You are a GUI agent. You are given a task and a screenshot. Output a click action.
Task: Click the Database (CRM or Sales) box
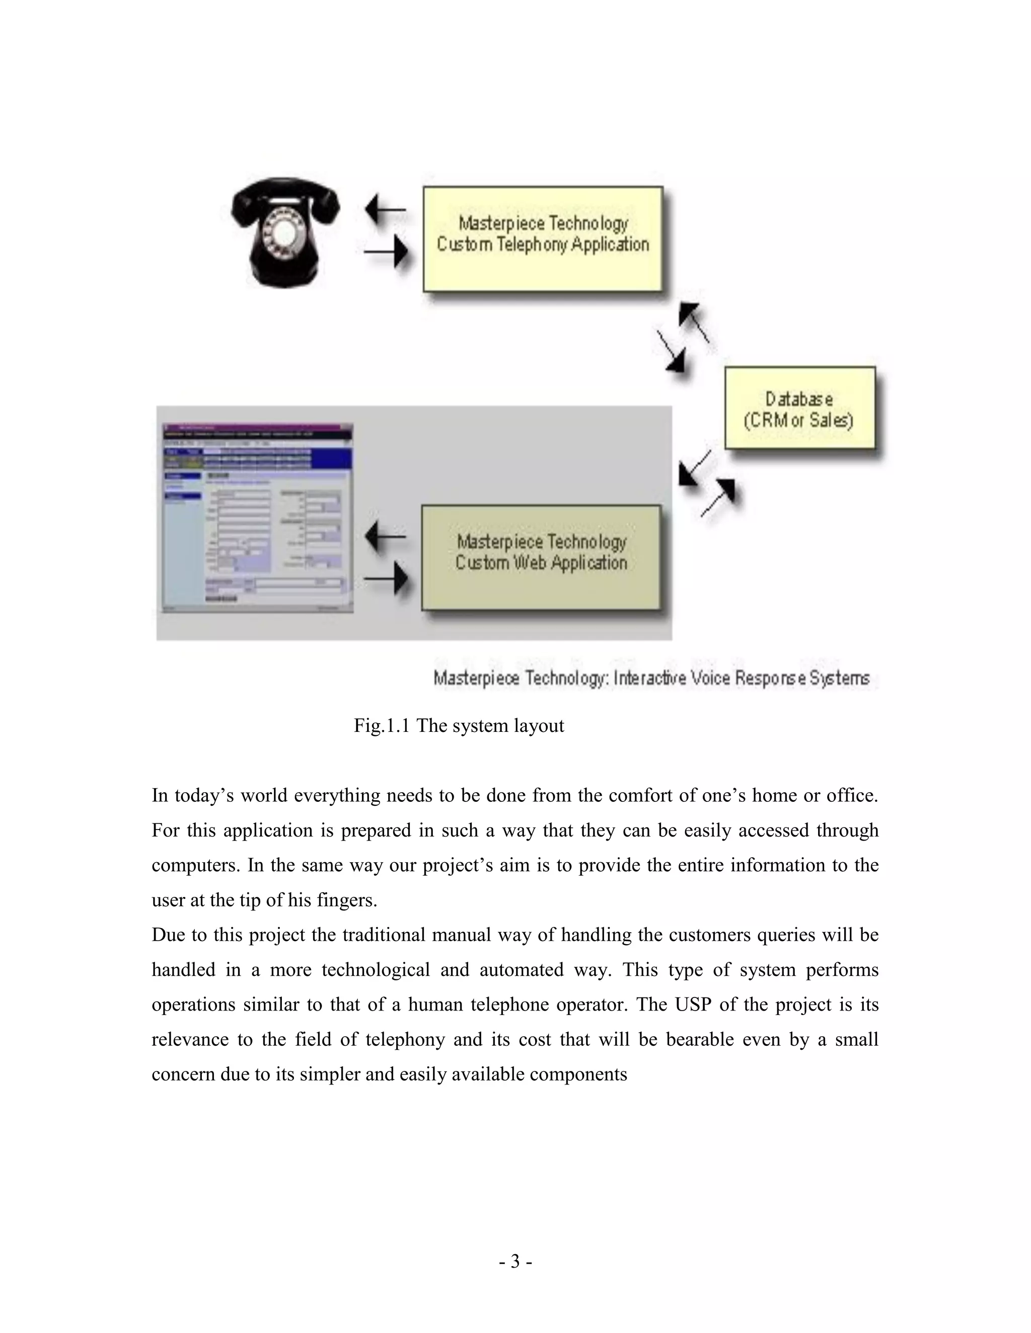[x=799, y=408]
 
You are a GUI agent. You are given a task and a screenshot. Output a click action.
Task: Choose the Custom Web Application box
[x=541, y=557]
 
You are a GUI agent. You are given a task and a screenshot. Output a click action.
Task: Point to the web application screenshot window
[x=257, y=518]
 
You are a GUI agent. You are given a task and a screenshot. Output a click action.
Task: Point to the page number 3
[x=515, y=1261]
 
